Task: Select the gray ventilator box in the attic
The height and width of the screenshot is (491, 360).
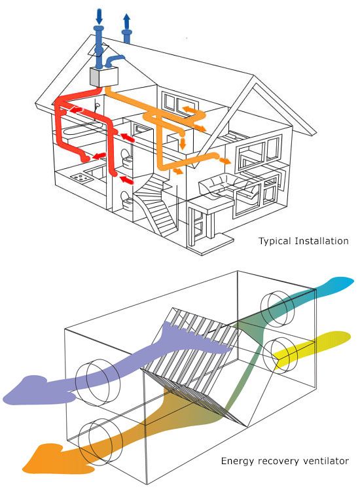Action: tap(104, 77)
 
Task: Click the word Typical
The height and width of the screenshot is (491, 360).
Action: tap(274, 242)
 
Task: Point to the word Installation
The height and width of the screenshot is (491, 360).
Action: tap(321, 241)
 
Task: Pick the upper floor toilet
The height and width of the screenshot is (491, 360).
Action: tap(127, 158)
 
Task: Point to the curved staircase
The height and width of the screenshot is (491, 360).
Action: tap(156, 207)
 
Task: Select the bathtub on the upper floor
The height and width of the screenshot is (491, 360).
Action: tap(82, 129)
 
